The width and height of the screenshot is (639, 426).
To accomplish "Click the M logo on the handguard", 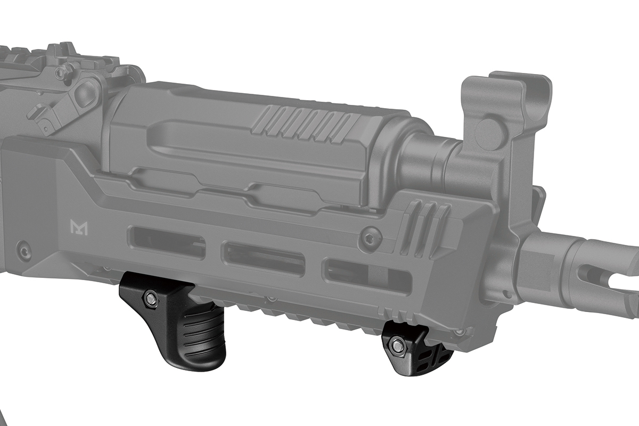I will [79, 227].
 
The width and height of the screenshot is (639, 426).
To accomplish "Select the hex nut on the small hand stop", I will [396, 345].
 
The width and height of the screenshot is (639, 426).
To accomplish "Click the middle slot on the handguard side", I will [263, 258].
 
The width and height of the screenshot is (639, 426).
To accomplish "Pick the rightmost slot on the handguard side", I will [367, 274].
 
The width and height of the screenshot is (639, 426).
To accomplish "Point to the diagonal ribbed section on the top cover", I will [304, 125].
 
